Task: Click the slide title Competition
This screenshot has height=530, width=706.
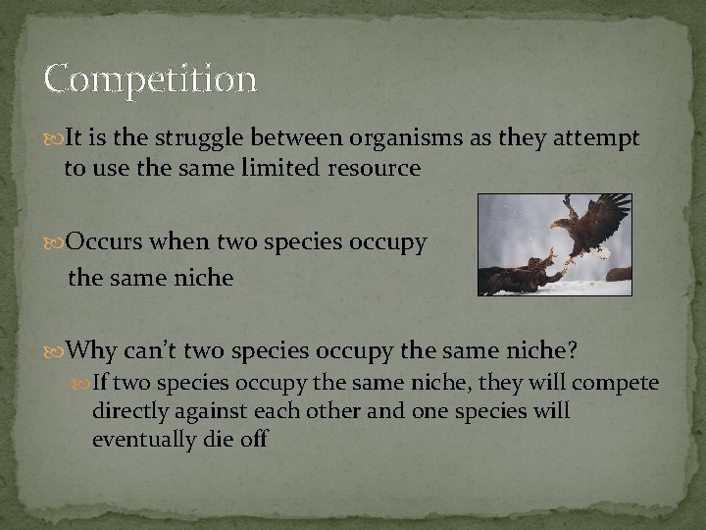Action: (x=150, y=78)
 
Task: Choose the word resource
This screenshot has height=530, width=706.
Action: (x=376, y=169)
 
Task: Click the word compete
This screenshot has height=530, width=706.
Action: (x=618, y=382)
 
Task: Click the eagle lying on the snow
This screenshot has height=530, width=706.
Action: (x=515, y=276)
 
